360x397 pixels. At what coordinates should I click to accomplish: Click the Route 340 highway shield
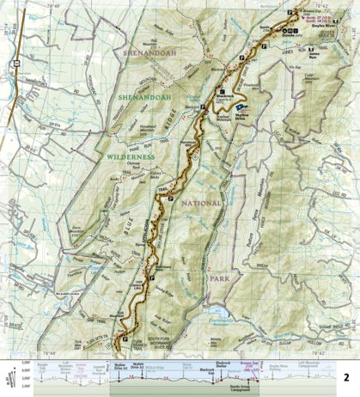[15, 63]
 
